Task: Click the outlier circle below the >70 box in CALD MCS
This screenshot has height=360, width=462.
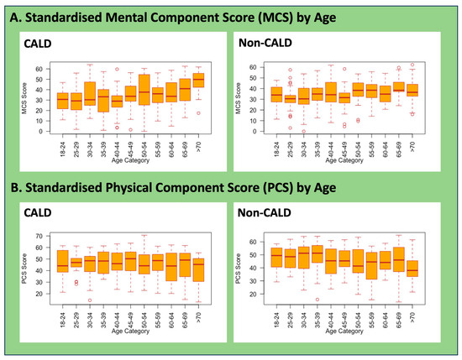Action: click(x=198, y=112)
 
